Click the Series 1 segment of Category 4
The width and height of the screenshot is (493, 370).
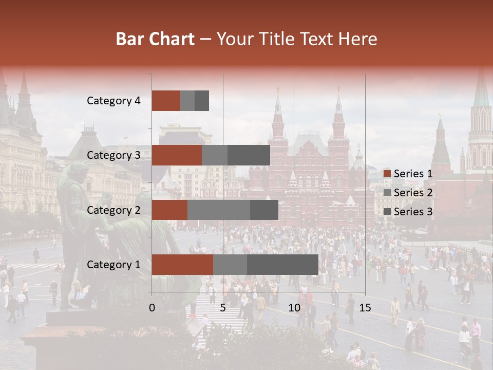click(166, 101)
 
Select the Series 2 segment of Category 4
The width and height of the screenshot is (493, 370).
click(187, 101)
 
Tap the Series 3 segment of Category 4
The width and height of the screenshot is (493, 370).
click(202, 101)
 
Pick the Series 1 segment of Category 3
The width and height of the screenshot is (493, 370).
click(177, 155)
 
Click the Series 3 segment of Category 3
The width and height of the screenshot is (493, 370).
click(249, 155)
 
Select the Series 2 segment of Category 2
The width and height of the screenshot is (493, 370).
click(219, 210)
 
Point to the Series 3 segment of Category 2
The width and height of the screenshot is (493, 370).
click(264, 210)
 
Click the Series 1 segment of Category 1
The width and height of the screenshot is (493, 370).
click(182, 265)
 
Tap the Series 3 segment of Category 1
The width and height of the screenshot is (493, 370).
click(282, 265)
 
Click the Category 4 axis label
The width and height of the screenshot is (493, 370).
click(113, 101)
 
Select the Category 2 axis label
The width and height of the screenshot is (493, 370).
click(113, 210)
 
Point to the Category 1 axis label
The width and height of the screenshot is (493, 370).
click(113, 265)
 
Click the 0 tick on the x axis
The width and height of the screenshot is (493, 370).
click(152, 308)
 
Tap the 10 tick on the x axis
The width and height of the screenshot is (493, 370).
click(294, 308)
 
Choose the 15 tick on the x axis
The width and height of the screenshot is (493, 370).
click(365, 308)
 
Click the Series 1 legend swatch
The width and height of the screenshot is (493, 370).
click(387, 174)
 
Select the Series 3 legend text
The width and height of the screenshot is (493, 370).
click(413, 212)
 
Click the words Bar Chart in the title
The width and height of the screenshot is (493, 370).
click(155, 39)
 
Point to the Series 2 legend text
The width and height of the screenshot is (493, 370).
click(413, 193)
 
